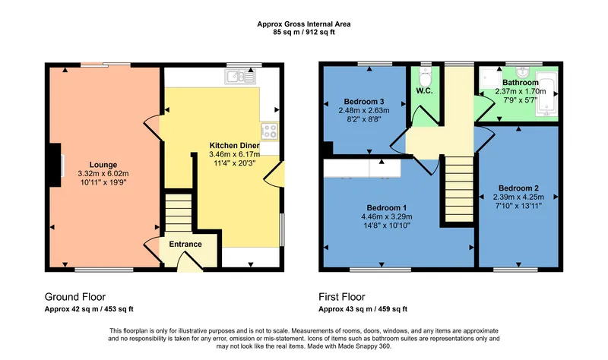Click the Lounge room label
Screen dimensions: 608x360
103,165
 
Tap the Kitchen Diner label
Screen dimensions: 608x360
234,146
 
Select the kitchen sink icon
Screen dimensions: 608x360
240,77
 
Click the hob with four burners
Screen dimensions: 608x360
270,131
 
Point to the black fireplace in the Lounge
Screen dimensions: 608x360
54,166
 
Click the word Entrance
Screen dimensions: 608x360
185,244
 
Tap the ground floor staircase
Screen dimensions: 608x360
179,213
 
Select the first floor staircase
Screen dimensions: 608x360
459,188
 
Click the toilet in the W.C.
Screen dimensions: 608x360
426,77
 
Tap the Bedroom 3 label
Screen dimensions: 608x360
364,102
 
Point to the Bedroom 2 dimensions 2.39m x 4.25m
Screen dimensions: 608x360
518,197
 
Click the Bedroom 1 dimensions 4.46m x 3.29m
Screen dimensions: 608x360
387,216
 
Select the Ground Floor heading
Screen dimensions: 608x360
75,297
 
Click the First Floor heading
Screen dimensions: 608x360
341,297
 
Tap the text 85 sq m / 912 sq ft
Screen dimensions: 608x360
304,32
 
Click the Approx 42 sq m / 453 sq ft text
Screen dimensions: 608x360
89,309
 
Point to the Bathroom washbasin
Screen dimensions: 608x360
523,71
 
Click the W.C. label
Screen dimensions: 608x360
425,91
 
